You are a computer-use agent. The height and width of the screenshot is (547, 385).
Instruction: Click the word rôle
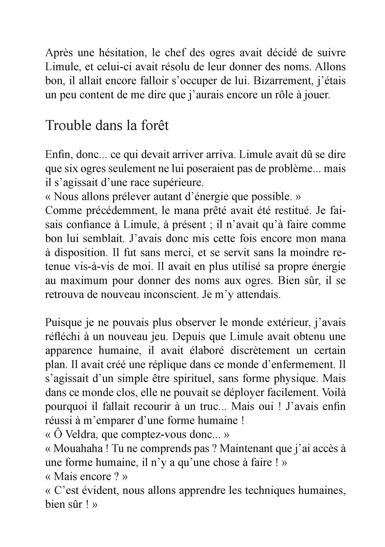[x=277, y=95]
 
